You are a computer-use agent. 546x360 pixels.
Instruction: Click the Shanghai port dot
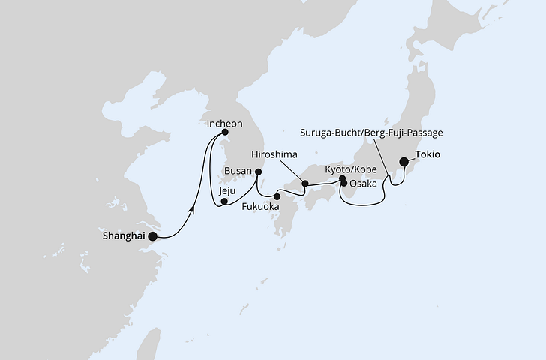(153, 236)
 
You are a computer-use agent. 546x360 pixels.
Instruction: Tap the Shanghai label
(122, 235)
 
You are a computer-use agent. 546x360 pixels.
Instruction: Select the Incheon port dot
(224, 132)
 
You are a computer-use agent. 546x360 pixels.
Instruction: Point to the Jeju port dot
(224, 201)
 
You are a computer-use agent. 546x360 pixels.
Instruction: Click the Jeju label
(227, 191)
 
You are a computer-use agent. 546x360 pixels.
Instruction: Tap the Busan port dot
(258, 172)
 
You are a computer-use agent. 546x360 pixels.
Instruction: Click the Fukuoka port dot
(277, 196)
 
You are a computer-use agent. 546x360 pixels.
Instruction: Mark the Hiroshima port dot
(304, 183)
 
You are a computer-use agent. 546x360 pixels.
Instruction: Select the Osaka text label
(364, 182)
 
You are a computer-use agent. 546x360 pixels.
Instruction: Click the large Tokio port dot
(403, 160)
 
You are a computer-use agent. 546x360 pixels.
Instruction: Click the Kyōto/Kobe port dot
(342, 178)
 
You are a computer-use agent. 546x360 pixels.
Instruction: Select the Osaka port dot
(344, 183)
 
